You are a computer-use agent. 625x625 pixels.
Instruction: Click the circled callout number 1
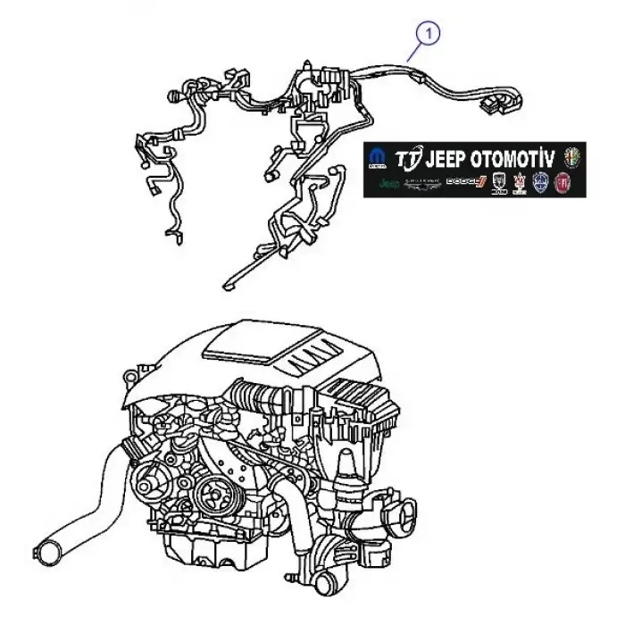click(430, 34)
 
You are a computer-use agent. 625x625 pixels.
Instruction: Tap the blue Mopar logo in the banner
click(378, 160)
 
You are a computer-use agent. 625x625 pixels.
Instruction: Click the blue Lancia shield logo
click(540, 184)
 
